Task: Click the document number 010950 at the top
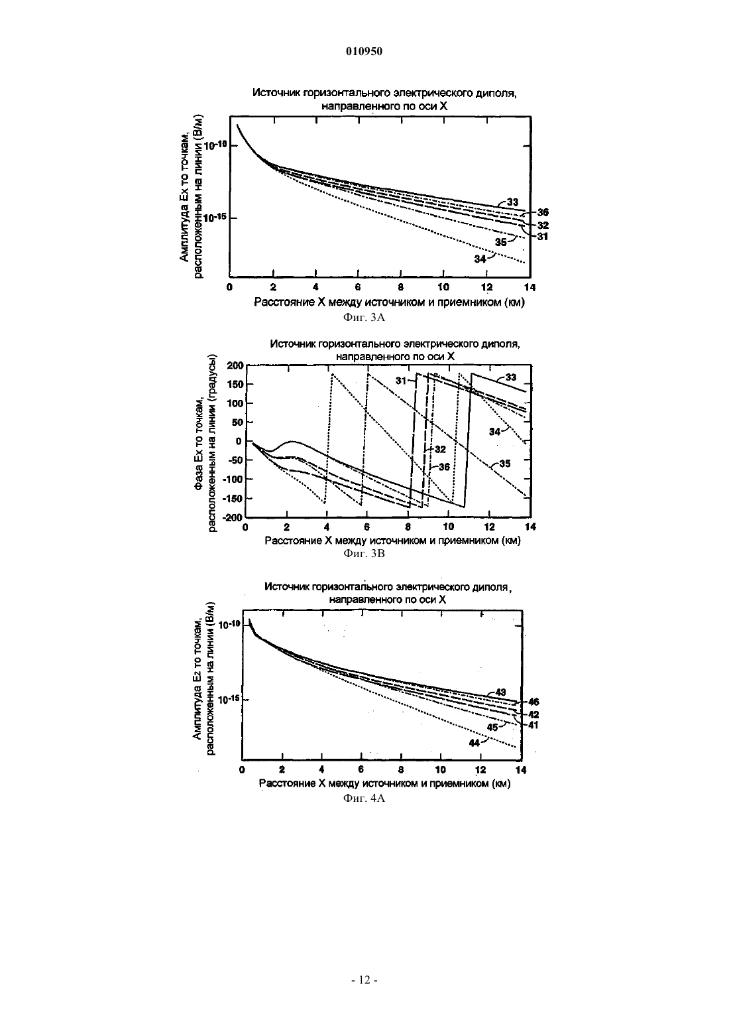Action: coord(364,52)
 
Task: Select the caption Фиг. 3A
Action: coord(364,318)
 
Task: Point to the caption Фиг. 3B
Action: coord(364,553)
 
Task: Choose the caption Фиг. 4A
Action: coord(364,799)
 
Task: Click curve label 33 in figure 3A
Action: coord(512,202)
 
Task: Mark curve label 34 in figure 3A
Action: coord(480,259)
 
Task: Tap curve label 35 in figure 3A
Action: coord(501,242)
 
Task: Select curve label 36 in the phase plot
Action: coord(443,467)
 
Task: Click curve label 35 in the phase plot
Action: coord(505,464)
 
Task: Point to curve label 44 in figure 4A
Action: coord(475,743)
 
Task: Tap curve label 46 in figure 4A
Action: coord(533,702)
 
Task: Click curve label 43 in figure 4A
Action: coord(500,692)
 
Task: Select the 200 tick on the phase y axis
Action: coord(235,365)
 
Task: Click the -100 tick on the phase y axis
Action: coord(233,479)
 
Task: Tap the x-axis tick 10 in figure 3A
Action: coord(443,287)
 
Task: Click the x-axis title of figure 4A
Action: coord(385,784)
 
